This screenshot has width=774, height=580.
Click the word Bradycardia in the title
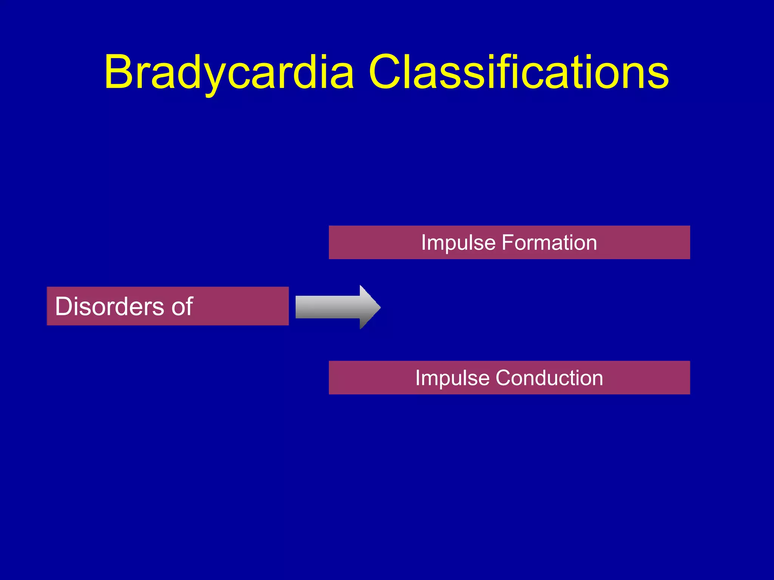(229, 72)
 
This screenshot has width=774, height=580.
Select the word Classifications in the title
(518, 72)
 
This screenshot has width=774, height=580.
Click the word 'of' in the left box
(183, 306)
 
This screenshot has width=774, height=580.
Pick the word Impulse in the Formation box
(458, 243)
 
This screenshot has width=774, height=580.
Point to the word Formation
(549, 243)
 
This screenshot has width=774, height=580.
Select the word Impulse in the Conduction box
(452, 378)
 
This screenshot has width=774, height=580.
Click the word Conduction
(549, 378)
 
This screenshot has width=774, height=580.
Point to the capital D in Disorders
(65, 306)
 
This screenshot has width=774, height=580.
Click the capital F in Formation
(508, 243)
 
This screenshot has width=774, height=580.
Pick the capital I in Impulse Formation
(424, 243)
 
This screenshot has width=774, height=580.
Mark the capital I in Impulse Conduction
(418, 378)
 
